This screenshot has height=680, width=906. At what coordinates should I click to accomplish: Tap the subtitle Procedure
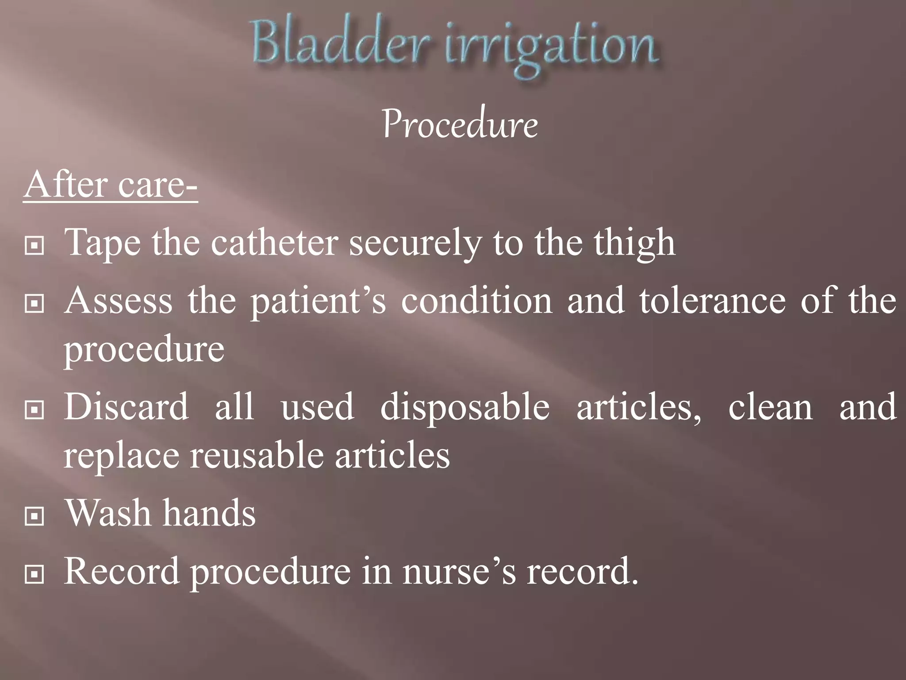460,125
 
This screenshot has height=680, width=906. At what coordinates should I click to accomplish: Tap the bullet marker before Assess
35,304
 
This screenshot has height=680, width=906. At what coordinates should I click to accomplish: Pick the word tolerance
712,301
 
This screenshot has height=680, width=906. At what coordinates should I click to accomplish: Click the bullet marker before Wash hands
35,516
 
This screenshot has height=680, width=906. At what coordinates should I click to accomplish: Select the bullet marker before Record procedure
35,575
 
